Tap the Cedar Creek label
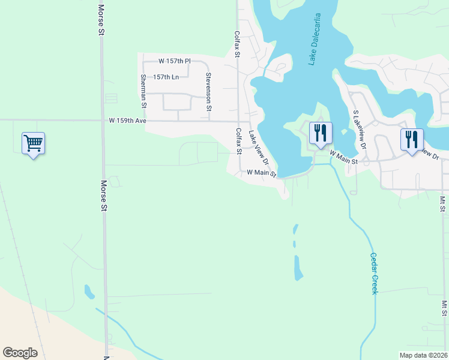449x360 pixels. [x=373, y=273]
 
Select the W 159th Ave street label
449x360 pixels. [x=127, y=121]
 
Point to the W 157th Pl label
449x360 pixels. [x=174, y=61]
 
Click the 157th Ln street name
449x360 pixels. [x=166, y=77]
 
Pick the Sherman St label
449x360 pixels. [x=143, y=91]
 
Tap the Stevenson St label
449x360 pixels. [x=208, y=92]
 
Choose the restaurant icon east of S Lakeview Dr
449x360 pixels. [x=412, y=140]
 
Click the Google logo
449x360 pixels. [x=20, y=352]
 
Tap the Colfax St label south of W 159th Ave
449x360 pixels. [x=238, y=142]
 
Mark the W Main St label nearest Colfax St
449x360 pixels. [x=261, y=172]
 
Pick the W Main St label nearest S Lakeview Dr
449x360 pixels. [x=343, y=160]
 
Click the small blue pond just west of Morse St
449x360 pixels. [x=89, y=292]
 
